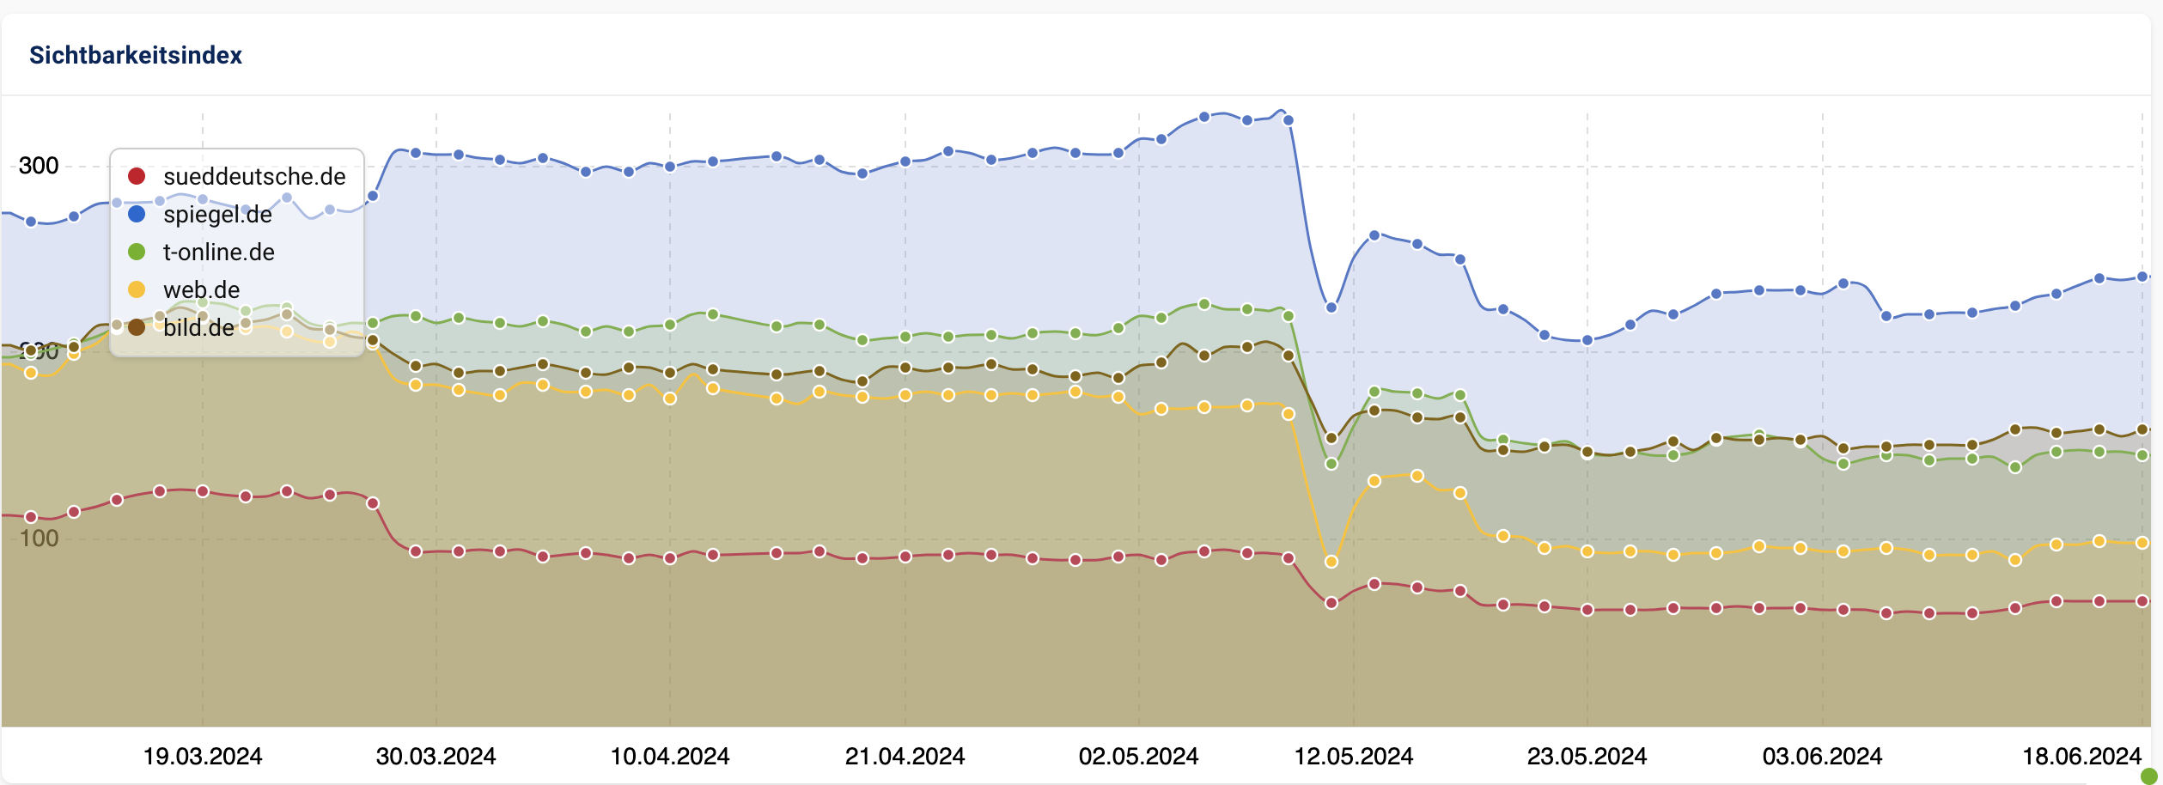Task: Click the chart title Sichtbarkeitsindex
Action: [136, 55]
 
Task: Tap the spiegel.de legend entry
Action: [216, 215]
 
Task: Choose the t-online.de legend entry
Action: [218, 253]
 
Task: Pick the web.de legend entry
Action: [201, 290]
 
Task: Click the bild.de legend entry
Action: [198, 328]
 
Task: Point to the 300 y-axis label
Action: [39, 166]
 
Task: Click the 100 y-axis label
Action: [39, 539]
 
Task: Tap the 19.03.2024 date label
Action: [203, 757]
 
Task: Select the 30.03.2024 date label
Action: [436, 757]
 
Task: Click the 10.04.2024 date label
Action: [670, 757]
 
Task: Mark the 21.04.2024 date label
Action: [905, 757]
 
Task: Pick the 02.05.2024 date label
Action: [1139, 757]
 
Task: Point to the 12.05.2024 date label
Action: [1354, 757]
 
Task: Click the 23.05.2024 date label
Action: [1587, 757]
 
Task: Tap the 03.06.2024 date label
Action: [1823, 757]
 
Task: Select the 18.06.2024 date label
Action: [2082, 757]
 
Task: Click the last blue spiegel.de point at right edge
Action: [2142, 277]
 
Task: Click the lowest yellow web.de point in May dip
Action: [1331, 562]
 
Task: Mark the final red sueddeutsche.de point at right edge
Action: [2142, 601]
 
